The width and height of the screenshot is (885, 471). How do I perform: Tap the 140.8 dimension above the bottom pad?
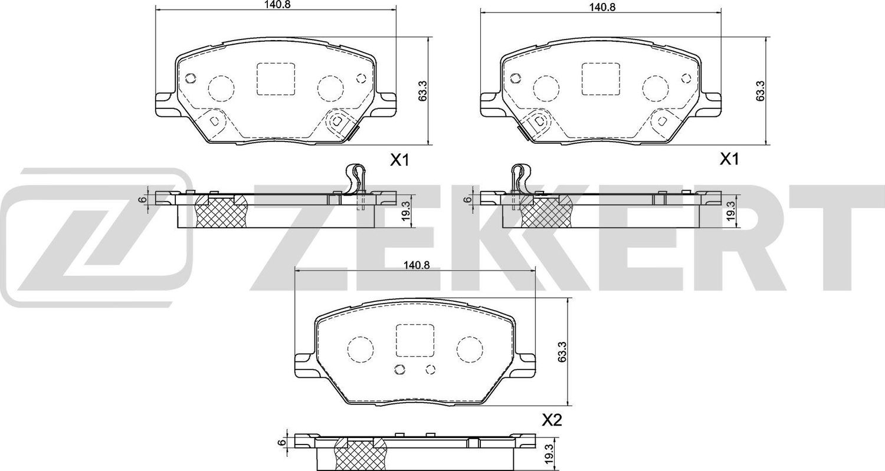tap(414, 266)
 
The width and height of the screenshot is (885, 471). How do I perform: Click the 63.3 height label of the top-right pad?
tap(761, 92)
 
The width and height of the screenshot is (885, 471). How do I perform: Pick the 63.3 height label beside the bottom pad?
tap(563, 353)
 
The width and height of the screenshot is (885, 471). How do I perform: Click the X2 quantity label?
tap(550, 420)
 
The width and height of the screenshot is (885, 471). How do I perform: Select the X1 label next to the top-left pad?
tap(399, 159)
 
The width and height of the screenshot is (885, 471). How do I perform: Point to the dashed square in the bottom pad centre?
tap(414, 340)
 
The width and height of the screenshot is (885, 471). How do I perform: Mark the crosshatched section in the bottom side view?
tap(358, 454)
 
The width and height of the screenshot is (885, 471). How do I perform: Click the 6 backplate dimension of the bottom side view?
tap(283, 443)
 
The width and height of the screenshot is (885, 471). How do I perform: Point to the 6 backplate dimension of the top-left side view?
tap(142, 199)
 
